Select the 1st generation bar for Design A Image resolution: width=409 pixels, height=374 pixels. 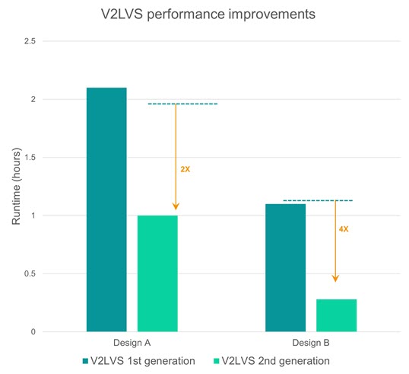point(106,209)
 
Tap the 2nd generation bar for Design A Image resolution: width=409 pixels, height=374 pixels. point(157,273)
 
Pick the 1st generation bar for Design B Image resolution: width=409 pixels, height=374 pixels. point(285,267)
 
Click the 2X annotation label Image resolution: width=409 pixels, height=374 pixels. point(185,168)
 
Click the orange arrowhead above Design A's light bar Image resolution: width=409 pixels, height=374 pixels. point(176,206)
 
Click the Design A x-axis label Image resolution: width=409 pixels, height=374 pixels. point(106,344)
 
